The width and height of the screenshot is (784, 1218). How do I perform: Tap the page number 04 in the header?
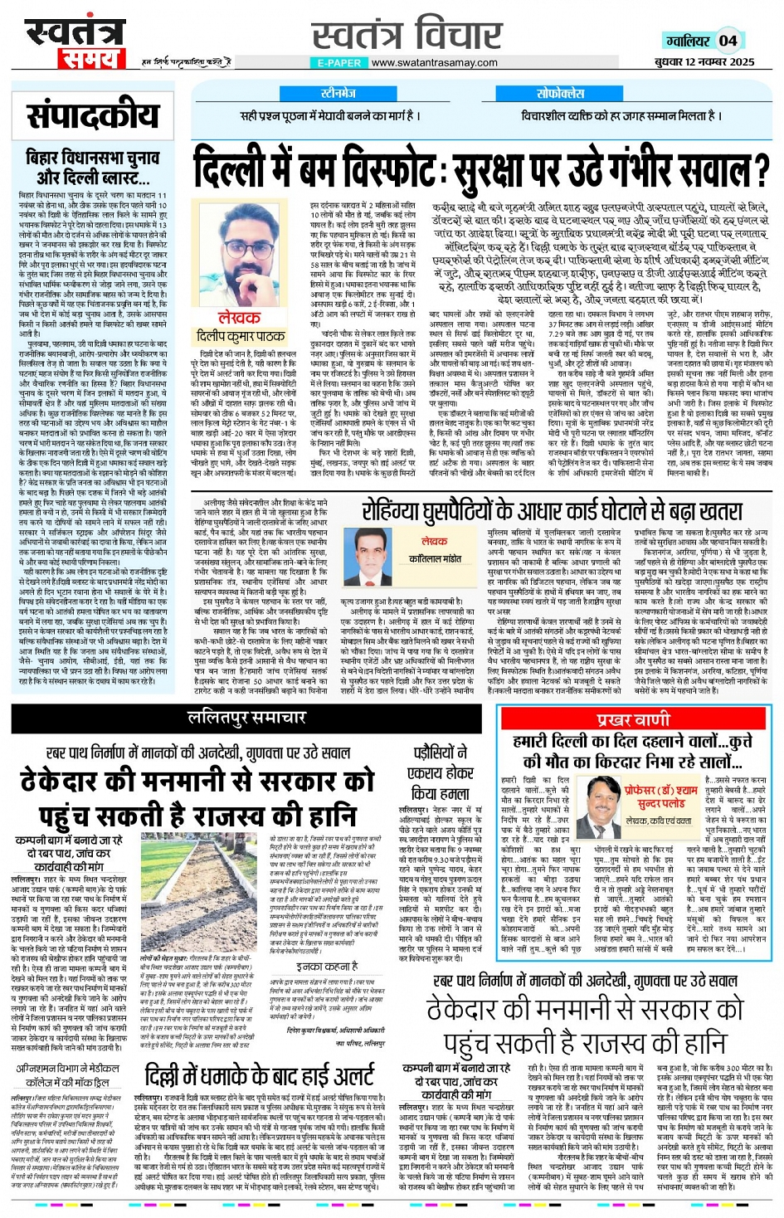(x=728, y=40)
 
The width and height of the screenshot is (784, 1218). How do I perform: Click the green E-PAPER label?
(x=339, y=62)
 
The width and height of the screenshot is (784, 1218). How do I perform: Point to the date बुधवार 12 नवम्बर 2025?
(x=704, y=62)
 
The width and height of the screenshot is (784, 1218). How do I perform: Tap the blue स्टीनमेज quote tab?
(x=338, y=94)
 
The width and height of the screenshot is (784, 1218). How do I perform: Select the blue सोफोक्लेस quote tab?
(x=560, y=94)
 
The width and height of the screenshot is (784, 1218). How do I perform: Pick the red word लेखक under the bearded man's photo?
(x=238, y=318)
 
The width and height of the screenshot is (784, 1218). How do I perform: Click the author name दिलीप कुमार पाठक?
(x=240, y=336)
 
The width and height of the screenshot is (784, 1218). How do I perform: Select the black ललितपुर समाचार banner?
(x=246, y=717)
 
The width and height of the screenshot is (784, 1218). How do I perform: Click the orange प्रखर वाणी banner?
(x=632, y=719)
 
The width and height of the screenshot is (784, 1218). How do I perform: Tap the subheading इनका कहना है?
(x=327, y=966)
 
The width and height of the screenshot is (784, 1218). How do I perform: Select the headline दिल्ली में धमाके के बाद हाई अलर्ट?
(x=260, y=1077)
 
